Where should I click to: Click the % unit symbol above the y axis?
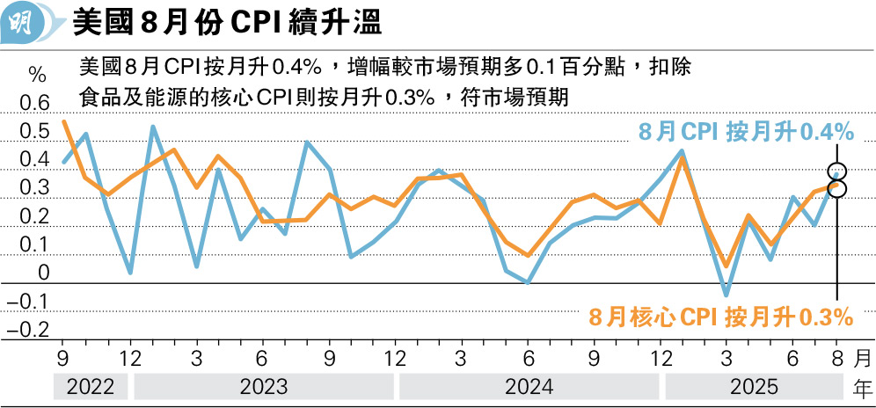36,73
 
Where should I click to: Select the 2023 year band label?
264,386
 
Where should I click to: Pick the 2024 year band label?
529,386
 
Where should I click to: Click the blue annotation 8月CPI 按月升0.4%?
745,132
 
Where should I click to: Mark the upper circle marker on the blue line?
837,171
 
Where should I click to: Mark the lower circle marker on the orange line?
837,189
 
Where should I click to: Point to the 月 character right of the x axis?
863,359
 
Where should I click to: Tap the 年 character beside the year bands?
863,386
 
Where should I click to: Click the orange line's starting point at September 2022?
64,120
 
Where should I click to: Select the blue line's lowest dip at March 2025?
726,295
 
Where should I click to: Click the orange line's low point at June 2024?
528,255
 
